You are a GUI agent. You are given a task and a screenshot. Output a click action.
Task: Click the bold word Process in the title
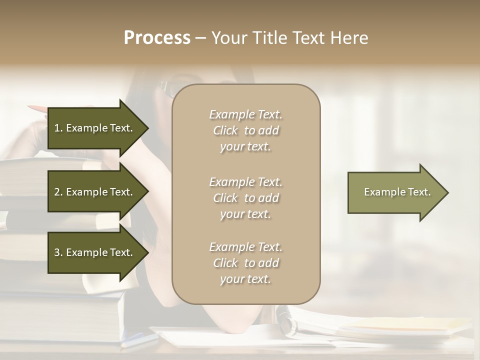(x=157, y=38)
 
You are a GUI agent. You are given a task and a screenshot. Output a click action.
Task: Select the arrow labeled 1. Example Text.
(x=95, y=128)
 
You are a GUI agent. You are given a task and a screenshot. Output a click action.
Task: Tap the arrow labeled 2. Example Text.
(x=95, y=192)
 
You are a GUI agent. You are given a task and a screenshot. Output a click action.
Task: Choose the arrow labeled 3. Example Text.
(x=95, y=252)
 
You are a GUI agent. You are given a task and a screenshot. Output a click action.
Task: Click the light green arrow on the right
(x=395, y=192)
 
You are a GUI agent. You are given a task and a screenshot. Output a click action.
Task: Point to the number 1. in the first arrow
(x=58, y=128)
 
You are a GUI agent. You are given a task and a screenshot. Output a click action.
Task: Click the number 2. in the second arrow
(x=58, y=192)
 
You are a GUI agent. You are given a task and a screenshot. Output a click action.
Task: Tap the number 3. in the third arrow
(x=58, y=252)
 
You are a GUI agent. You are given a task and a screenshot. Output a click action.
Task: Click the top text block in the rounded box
(x=245, y=130)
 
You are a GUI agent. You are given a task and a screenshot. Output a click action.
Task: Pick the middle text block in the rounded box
(x=245, y=198)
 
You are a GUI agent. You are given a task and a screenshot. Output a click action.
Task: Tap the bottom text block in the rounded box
(x=245, y=263)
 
